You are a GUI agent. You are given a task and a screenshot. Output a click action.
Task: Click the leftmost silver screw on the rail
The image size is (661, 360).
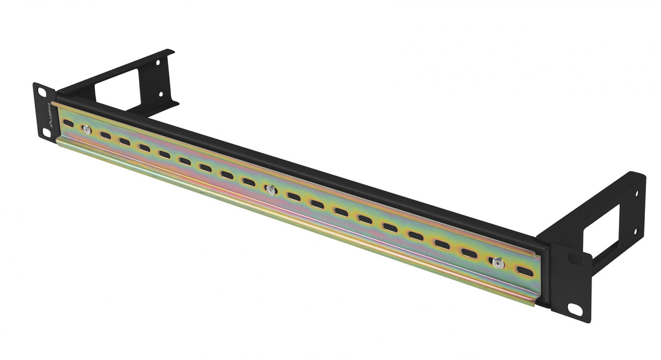coord(86,129)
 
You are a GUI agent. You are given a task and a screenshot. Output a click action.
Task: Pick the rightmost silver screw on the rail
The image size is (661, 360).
coord(498,262)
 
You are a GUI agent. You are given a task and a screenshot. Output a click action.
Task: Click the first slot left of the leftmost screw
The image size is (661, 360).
coord(68,124)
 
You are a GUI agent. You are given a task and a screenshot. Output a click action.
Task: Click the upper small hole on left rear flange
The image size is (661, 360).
coord(160,62)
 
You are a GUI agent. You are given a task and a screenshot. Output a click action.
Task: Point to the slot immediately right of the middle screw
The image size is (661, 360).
coord(293,197)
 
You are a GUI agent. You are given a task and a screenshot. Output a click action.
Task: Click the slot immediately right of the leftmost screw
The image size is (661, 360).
coord(106,135)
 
